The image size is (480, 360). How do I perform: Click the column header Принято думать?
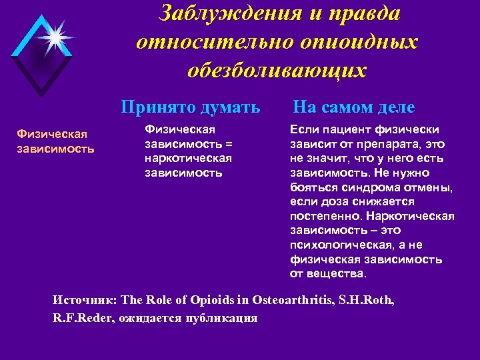coord(190,107)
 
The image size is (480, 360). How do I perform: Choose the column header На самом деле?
coord(353,107)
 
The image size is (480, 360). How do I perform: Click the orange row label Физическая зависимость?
coord(56,142)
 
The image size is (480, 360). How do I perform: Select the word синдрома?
coord(359,187)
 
